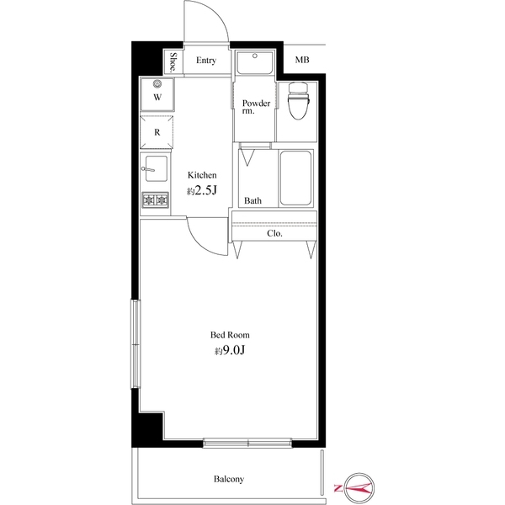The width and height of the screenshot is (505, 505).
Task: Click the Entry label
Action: pos(206,61)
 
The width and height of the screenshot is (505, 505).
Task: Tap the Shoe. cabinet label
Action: pos(173,62)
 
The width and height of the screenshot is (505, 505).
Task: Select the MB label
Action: pos(301,61)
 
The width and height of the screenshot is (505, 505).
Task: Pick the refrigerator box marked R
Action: pos(157,131)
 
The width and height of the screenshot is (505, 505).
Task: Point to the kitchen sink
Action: pos(156,170)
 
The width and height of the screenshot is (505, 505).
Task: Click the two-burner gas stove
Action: pos(156,200)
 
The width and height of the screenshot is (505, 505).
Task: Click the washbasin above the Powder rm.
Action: pos(253,63)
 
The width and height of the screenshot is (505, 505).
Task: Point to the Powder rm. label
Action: pos(256,107)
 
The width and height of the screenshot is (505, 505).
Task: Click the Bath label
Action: pos(252,201)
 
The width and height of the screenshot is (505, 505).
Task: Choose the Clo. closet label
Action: pos(274,233)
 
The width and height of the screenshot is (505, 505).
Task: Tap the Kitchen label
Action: pos(202,175)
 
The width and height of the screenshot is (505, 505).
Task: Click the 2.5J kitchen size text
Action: pos(202,192)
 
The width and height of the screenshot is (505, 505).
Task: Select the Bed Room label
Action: pos(230,334)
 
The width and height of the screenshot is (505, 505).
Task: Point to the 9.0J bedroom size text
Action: pos(230,351)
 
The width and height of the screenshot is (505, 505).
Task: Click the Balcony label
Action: pos(228,479)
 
